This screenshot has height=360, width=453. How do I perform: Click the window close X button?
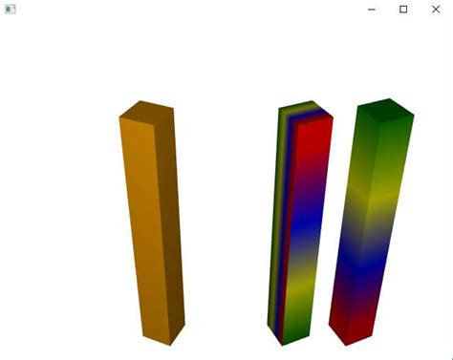[x=435, y=9]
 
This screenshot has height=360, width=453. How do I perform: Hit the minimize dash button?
[x=371, y=9]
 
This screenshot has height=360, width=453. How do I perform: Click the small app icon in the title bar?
[x=11, y=9]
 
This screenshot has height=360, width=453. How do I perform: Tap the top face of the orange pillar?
[x=146, y=110]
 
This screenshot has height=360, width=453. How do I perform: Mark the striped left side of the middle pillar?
[x=279, y=220]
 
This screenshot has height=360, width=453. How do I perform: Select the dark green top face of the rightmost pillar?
[x=386, y=109]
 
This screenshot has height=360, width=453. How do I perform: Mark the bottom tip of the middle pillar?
[x=282, y=342]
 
